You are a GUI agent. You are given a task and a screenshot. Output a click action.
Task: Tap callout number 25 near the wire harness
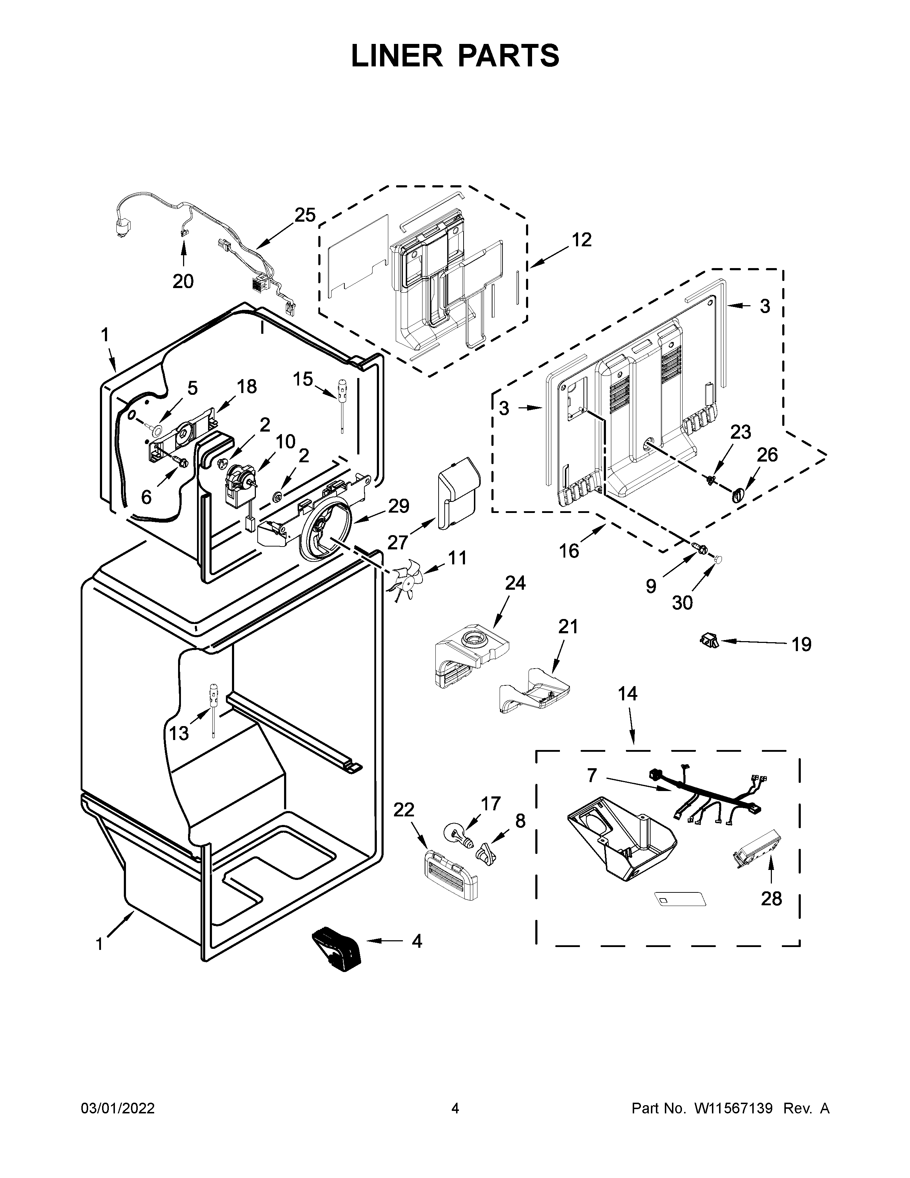(x=305, y=215)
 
